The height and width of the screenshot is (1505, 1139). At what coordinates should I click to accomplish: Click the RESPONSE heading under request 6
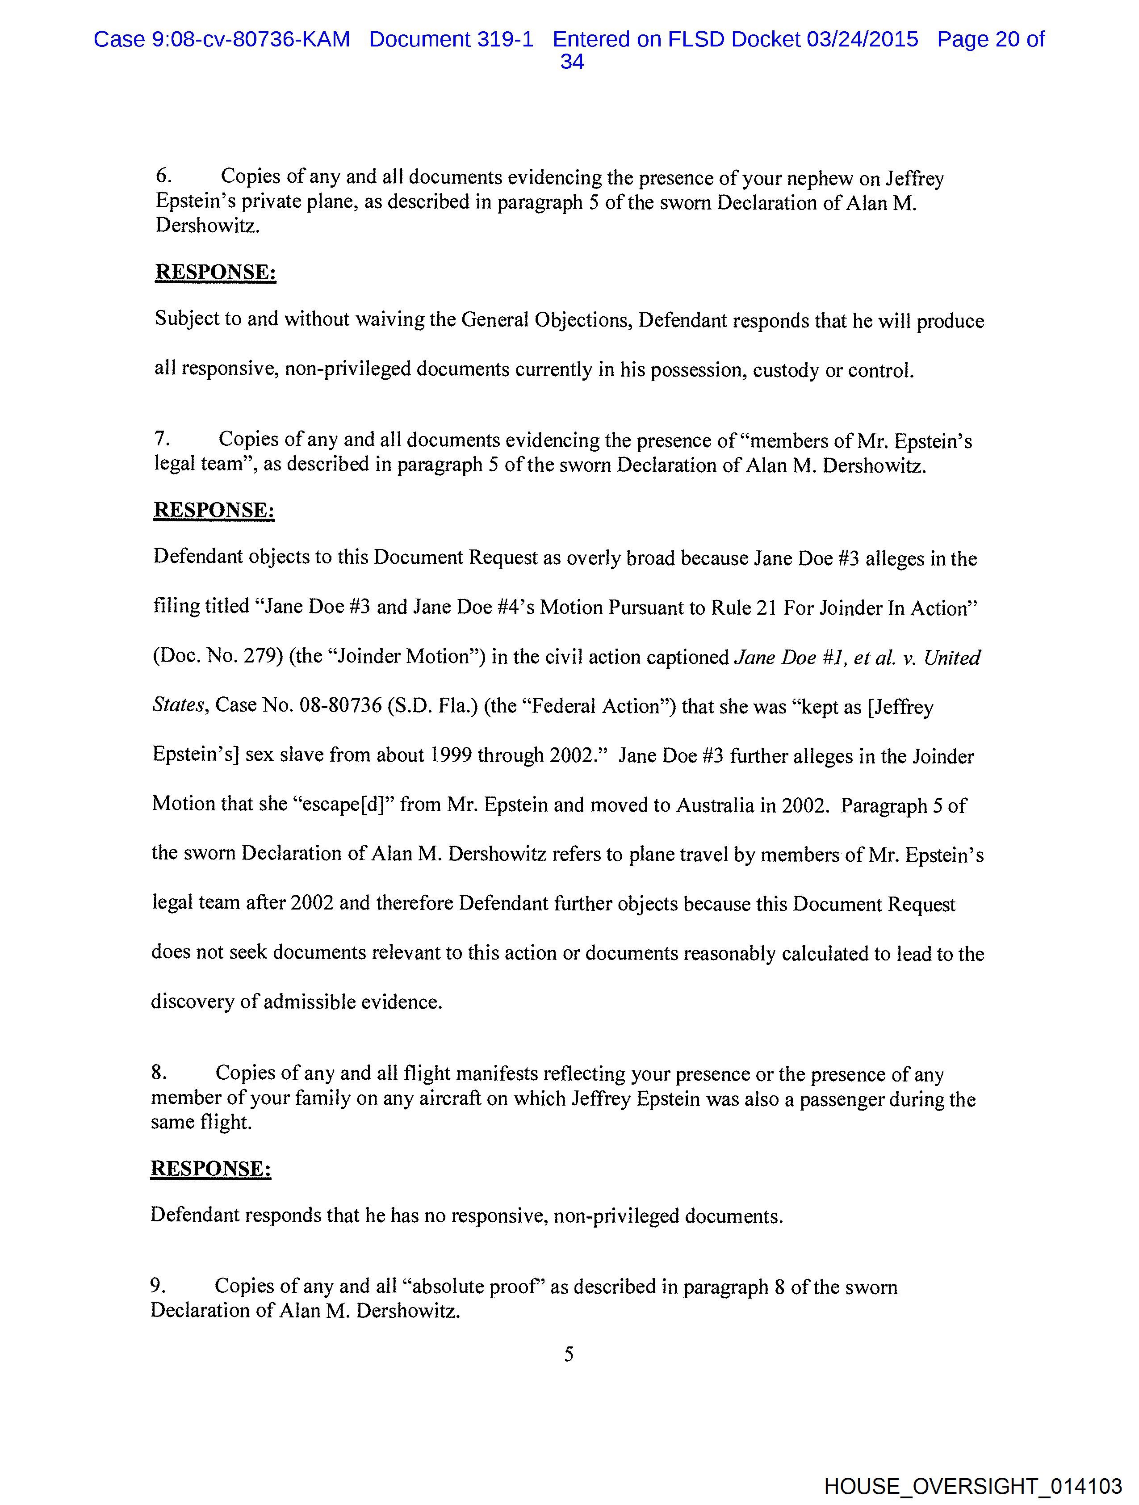tap(216, 272)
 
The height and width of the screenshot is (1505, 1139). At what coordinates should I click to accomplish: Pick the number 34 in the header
tap(572, 63)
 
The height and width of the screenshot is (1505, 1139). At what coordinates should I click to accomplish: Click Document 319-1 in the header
tap(451, 39)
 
